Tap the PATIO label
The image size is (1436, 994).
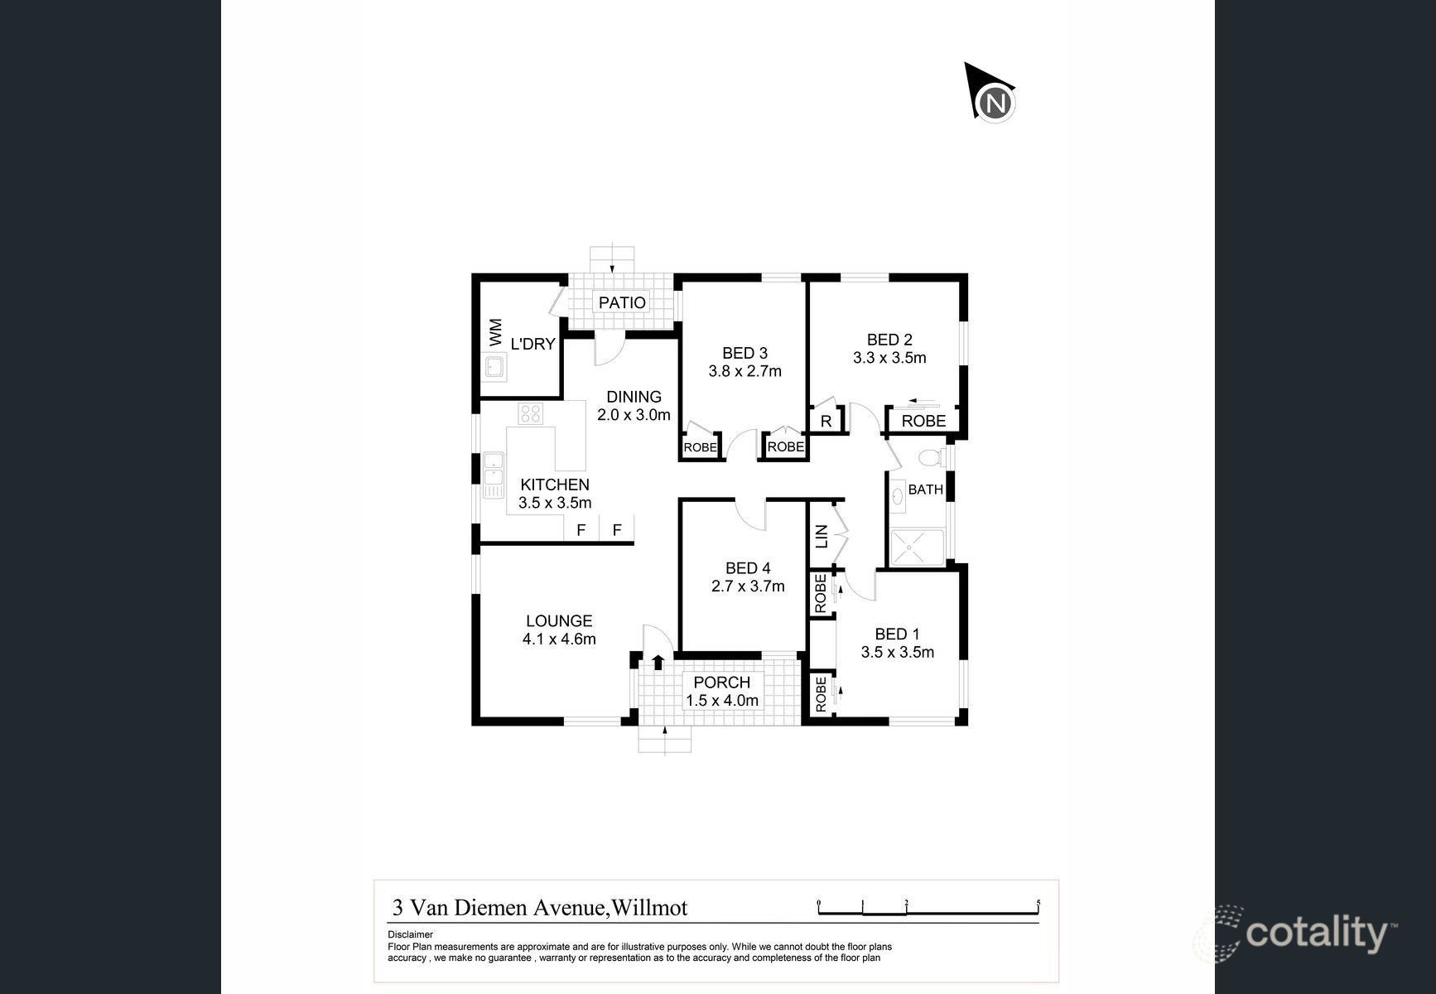(622, 302)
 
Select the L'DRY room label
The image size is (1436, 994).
(532, 344)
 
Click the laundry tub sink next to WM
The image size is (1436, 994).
(495, 367)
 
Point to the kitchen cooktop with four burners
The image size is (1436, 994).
(530, 413)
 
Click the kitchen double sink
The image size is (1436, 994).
(494, 475)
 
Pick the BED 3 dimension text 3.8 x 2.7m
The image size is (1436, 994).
(745, 371)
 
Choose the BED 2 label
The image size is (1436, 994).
(889, 340)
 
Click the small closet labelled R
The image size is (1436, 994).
(826, 421)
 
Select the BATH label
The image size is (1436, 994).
(925, 490)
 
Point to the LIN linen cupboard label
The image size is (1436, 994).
(822, 536)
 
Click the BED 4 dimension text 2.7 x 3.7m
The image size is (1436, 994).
(748, 586)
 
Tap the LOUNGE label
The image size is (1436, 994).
(559, 620)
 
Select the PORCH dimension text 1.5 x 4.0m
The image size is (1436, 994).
(722, 701)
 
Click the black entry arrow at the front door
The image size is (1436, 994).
(658, 661)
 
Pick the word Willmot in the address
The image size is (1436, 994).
(649, 908)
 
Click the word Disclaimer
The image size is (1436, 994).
(410, 934)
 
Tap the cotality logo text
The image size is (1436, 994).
(1317, 934)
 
